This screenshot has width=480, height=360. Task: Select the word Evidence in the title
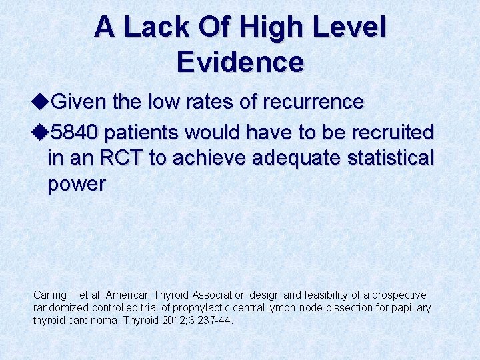(240, 61)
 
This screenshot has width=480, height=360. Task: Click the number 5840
(74, 132)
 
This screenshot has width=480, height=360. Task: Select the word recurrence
(313, 102)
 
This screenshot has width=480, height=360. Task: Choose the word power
(76, 184)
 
